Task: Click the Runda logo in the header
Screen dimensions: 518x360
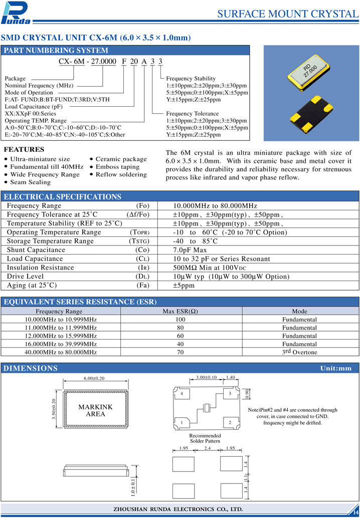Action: pyautogui.click(x=17, y=13)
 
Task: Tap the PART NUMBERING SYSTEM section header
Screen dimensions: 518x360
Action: pyautogui.click(x=56, y=51)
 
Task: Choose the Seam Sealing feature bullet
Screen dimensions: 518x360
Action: pyautogui.click(x=30, y=182)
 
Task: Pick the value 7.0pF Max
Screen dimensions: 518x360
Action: pyautogui.click(x=190, y=250)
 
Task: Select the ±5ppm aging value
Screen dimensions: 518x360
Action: pyautogui.click(x=184, y=286)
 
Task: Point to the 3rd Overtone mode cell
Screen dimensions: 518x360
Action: pyautogui.click(x=299, y=352)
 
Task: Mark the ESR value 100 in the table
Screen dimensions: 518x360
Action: pyautogui.click(x=181, y=320)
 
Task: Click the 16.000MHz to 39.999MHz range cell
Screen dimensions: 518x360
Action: pyautogui.click(x=61, y=344)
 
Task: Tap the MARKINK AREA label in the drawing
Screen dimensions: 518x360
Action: pyautogui.click(x=96, y=410)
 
